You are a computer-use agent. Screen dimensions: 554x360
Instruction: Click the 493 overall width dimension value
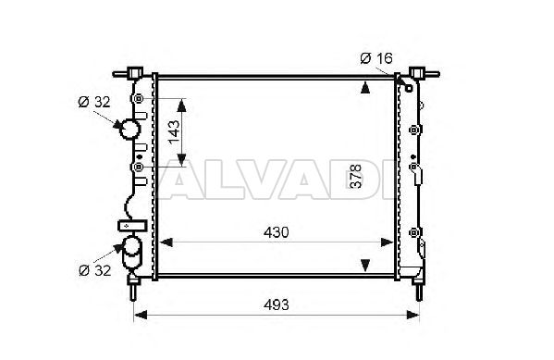click(276, 304)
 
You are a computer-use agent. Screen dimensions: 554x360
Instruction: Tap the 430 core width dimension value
click(276, 232)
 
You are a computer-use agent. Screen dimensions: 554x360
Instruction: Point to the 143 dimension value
click(174, 132)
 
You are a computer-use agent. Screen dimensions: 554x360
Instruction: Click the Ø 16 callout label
click(376, 58)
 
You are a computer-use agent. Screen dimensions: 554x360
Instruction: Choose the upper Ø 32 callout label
click(94, 102)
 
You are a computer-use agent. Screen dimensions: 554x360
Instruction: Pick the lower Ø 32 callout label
click(94, 270)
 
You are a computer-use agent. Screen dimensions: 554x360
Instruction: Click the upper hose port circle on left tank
click(129, 130)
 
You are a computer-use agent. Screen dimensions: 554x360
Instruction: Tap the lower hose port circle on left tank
click(131, 246)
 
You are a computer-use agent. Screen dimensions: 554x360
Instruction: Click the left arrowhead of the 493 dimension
click(141, 315)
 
